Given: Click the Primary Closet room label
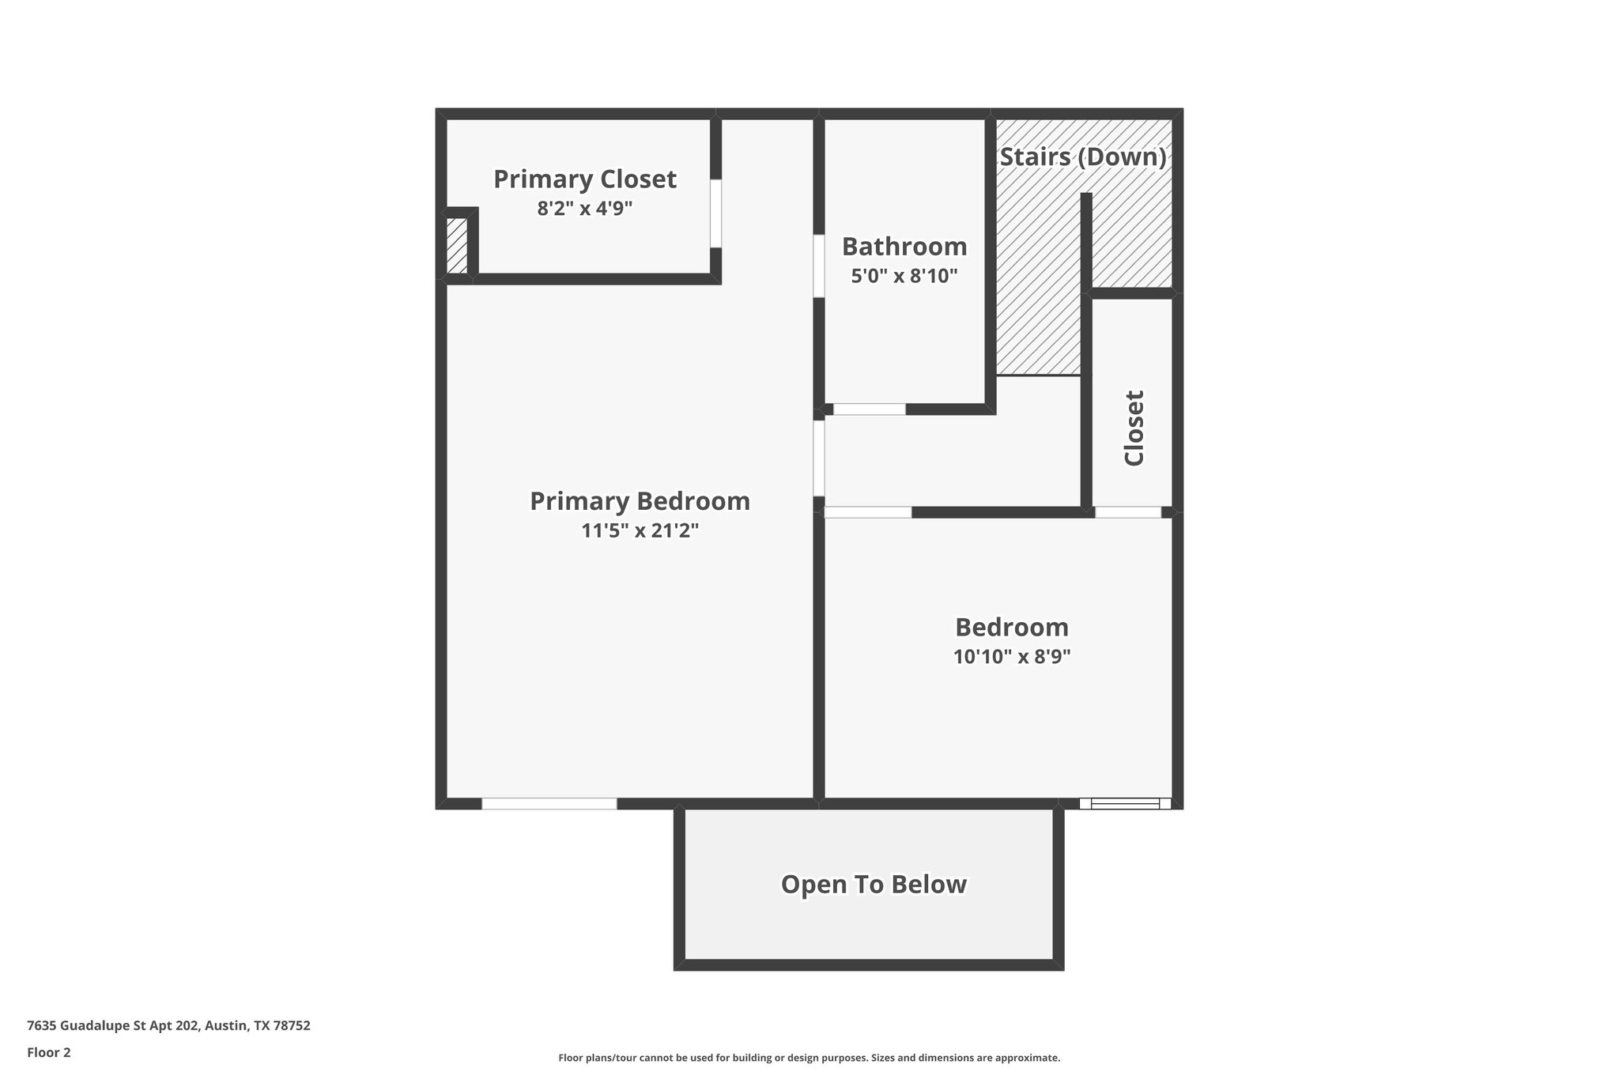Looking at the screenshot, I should coord(585,179).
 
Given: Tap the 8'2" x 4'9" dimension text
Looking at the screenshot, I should coord(585,209).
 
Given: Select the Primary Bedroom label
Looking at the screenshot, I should coord(640,501).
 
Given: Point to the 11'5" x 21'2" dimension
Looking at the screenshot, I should coord(640,530).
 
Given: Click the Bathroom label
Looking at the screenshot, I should coord(904,247).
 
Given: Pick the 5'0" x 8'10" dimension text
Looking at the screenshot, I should coord(904,276).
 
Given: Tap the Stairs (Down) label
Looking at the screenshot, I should coord(1083,157).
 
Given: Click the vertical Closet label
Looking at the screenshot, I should coord(1134,428).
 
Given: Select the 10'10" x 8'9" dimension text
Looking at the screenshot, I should coord(1012,656).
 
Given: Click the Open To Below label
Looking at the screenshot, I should coord(874,884).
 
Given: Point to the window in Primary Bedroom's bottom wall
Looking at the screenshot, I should coord(549,804).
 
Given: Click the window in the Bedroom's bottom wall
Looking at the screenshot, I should coord(1125,804).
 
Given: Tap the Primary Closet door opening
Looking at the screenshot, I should coord(715,213).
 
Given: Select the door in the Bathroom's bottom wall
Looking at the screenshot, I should coord(870,409).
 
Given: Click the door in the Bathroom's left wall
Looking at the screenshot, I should coord(820,266).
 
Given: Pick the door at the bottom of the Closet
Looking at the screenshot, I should coord(1128,512).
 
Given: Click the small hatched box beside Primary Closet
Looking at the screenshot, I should coord(457,246).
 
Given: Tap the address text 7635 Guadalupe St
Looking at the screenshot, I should coord(168,1026).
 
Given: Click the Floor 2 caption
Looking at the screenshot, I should coord(49,1052).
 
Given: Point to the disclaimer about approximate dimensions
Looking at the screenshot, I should coord(809,1058).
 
